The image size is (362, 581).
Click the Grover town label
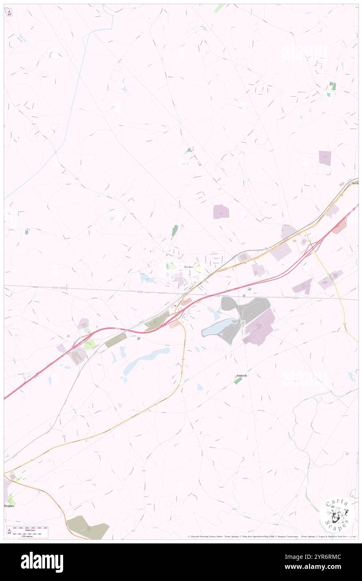[x=189, y=267]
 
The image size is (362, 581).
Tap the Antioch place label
[x=241, y=376]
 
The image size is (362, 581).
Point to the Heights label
[x=9, y=506]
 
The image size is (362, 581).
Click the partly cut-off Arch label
[x=355, y=183]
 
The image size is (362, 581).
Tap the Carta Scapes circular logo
[x=337, y=514]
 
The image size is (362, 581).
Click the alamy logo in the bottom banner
[x=42, y=562]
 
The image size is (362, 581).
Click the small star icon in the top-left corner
[x=9, y=13]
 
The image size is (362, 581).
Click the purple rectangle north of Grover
[x=221, y=212]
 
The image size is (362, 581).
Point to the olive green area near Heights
[x=88, y=527]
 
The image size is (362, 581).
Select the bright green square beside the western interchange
[x=90, y=344]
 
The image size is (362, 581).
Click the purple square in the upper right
[x=325, y=158]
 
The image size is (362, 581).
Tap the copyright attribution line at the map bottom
[x=272, y=537]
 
